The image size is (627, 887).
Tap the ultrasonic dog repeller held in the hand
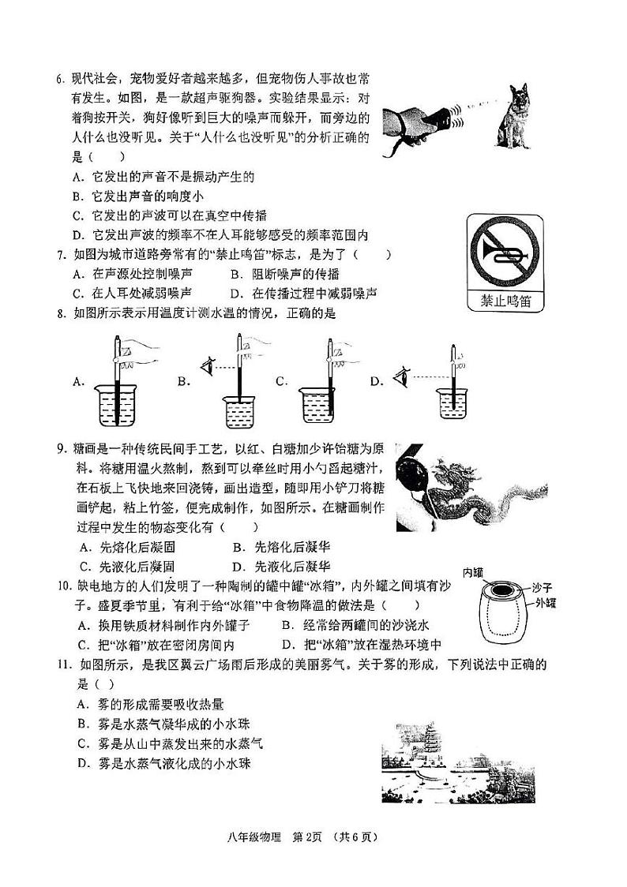tap(439, 119)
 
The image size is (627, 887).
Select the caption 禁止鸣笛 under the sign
tap(505, 300)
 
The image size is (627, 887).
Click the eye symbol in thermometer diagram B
tap(208, 366)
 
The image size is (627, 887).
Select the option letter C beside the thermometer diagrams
tap(280, 382)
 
